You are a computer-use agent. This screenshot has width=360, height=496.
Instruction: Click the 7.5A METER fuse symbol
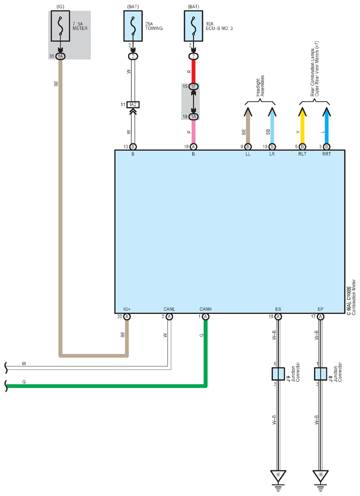(61, 26)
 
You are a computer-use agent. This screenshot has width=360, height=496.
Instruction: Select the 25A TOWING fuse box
(133, 26)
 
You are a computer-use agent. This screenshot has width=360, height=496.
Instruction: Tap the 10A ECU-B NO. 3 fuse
(194, 26)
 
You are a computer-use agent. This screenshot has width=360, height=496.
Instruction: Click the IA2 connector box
(133, 104)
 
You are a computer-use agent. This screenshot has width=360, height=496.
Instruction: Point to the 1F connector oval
(194, 86)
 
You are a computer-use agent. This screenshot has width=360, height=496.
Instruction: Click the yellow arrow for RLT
(302, 125)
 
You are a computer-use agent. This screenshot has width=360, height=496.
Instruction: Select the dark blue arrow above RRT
(326, 125)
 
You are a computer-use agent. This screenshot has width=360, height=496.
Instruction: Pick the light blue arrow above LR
(272, 125)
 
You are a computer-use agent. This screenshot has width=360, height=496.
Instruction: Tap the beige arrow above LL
(248, 125)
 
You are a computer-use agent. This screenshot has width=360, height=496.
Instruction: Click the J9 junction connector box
(278, 374)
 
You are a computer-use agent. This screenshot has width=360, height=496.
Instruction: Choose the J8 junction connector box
(320, 374)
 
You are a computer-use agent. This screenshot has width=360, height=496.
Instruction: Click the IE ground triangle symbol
(278, 476)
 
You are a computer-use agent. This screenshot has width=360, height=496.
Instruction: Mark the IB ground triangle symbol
(320, 476)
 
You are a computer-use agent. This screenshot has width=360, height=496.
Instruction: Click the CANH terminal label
(206, 309)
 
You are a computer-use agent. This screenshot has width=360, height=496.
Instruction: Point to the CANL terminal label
(169, 309)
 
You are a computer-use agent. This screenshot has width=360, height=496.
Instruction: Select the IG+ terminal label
(127, 309)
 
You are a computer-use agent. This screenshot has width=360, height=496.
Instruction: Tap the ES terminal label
(278, 309)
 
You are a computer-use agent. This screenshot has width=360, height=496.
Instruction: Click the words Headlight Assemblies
(260, 86)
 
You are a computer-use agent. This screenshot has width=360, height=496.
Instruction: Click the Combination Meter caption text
(353, 297)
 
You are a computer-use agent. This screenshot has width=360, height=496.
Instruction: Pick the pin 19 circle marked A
(194, 147)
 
